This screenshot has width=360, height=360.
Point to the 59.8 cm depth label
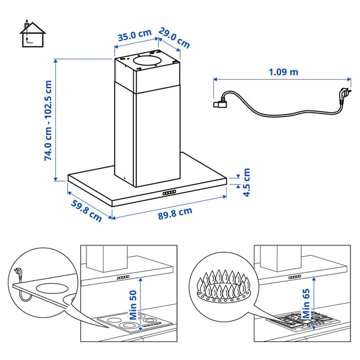tap(86, 211)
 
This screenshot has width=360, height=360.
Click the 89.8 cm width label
tap(175, 211)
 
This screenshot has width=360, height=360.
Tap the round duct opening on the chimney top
tap(148, 60)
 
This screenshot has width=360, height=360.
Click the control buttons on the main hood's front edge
tap(169, 193)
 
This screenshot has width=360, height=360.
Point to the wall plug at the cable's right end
tap(343, 96)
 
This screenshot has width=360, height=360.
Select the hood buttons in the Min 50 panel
tap(124, 278)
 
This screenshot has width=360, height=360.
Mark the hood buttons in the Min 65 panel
tap(295, 277)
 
